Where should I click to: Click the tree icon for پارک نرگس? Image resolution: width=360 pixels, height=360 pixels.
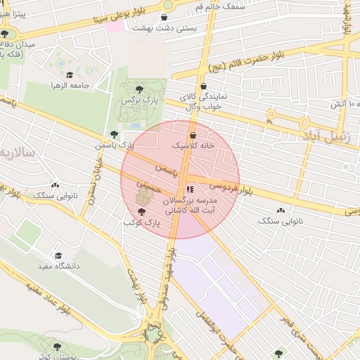pos(138,89)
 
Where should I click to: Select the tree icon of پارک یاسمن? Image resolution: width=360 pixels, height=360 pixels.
pos(114,134)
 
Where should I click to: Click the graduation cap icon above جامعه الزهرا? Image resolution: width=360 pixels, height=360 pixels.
pos(69,75)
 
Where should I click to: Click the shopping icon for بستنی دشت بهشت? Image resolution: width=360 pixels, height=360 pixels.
pos(165,17)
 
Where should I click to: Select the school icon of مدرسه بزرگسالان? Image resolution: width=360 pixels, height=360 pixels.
pos(188,190)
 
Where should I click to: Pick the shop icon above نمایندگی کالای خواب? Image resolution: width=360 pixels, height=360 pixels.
pos(203,86)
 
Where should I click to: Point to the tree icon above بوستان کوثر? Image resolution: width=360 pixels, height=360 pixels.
pos(57,347)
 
